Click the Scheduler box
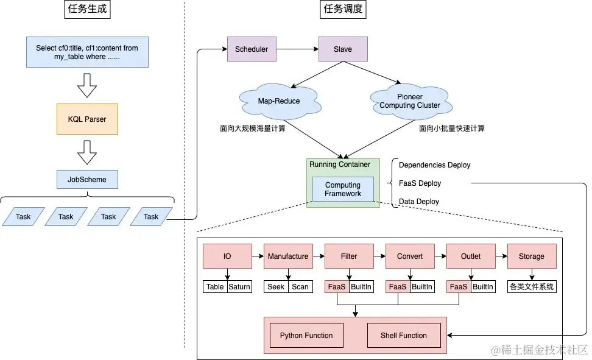(252, 49)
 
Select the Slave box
(343, 49)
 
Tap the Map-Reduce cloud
(278, 101)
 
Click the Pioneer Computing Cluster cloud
(410, 101)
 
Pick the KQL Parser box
(87, 119)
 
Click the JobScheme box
(87, 180)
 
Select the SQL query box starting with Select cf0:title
(87, 52)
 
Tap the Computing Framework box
(343, 189)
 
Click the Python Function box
(306, 336)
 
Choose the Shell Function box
(404, 336)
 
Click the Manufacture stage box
(288, 256)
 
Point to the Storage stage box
(532, 256)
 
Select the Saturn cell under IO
(239, 287)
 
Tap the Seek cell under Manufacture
(276, 287)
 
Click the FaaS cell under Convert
(398, 287)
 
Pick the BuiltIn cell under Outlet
(483, 287)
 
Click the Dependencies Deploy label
(434, 165)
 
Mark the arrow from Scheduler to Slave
(297, 49)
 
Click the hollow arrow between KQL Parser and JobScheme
(87, 154)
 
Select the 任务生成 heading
(87, 9)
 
